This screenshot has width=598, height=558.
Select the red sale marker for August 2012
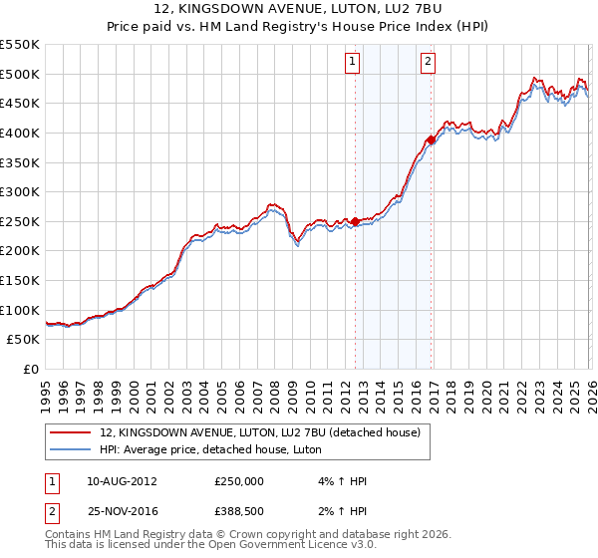[x=355, y=221]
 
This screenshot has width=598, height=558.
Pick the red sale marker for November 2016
[x=431, y=139]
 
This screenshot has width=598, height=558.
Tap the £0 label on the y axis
[x=30, y=370]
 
